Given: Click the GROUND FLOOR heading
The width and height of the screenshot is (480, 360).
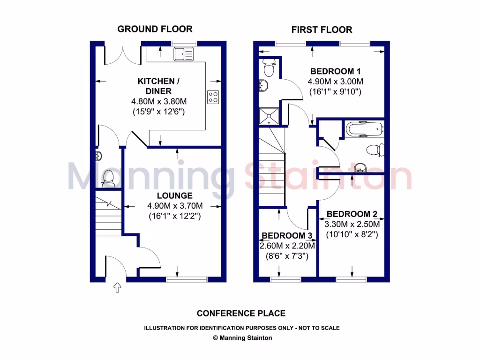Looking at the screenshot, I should (x=155, y=29).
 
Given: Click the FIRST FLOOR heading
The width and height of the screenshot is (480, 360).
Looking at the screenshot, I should (x=322, y=30).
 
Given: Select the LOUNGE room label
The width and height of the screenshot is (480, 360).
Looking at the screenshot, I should (x=175, y=195).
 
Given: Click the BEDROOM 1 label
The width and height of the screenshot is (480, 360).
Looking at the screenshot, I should (x=335, y=72).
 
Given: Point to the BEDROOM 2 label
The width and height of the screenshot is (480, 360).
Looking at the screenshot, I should (x=351, y=214).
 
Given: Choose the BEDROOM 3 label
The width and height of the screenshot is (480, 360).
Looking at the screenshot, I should (x=286, y=235).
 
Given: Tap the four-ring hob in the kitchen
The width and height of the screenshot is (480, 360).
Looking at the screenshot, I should (x=213, y=97).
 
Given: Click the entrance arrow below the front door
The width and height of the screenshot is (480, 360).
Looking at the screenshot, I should (x=117, y=287).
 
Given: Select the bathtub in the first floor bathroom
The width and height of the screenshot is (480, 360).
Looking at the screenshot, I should (x=363, y=128).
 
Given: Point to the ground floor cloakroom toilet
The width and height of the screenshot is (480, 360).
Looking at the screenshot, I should (x=108, y=177).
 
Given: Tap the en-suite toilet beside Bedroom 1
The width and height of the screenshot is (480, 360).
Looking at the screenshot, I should (x=269, y=69).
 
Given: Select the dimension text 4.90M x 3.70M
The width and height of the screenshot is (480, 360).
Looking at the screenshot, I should (x=175, y=206).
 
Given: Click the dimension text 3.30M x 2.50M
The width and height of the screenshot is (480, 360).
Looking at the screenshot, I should (x=351, y=224).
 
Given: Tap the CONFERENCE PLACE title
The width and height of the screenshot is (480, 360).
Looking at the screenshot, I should (x=241, y=313).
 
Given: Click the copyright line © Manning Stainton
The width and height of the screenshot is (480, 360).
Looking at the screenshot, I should (x=242, y=337).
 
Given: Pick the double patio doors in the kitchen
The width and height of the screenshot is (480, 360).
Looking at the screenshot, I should (x=123, y=55).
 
